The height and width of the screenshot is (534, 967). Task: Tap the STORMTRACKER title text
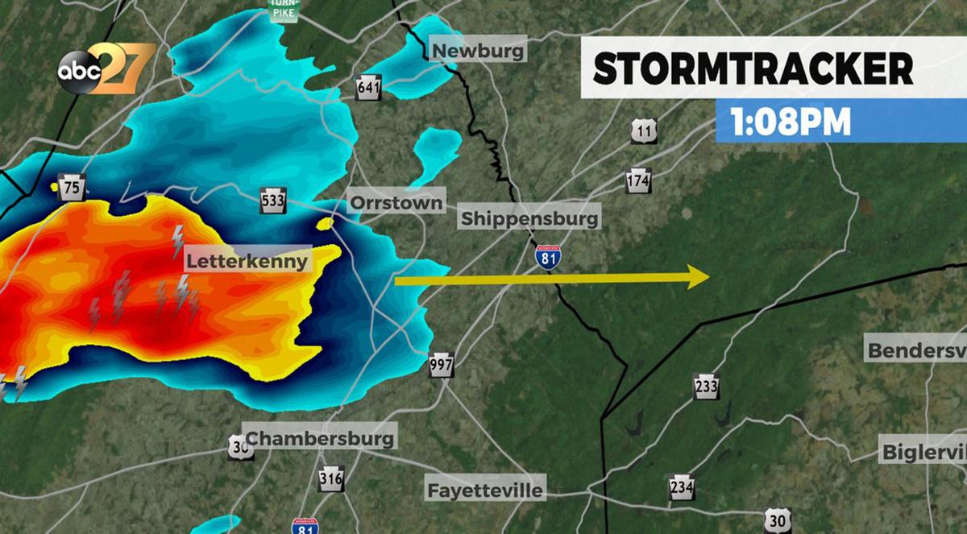[x=753, y=69]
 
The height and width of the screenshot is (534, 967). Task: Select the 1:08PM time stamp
[x=791, y=122]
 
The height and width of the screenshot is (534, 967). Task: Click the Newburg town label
[x=479, y=52]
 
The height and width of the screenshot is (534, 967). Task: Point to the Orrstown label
[x=396, y=202]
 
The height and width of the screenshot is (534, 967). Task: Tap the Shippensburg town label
[x=529, y=218]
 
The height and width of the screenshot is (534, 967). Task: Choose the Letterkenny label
[x=247, y=261]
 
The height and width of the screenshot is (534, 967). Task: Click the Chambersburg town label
[x=320, y=438]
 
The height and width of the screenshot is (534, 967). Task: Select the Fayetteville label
[x=485, y=490]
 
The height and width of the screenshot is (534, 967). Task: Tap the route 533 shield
[x=273, y=201]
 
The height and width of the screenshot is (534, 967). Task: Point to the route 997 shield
[x=441, y=365]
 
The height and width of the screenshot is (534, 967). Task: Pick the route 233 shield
[x=706, y=387]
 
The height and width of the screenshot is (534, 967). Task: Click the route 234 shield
[x=682, y=486]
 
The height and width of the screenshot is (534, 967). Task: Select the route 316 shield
[x=330, y=478]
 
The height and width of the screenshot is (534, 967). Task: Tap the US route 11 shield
[x=644, y=130]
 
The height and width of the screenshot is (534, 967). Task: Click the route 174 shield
[x=638, y=180]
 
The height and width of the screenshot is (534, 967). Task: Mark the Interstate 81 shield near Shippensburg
[x=549, y=257]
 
